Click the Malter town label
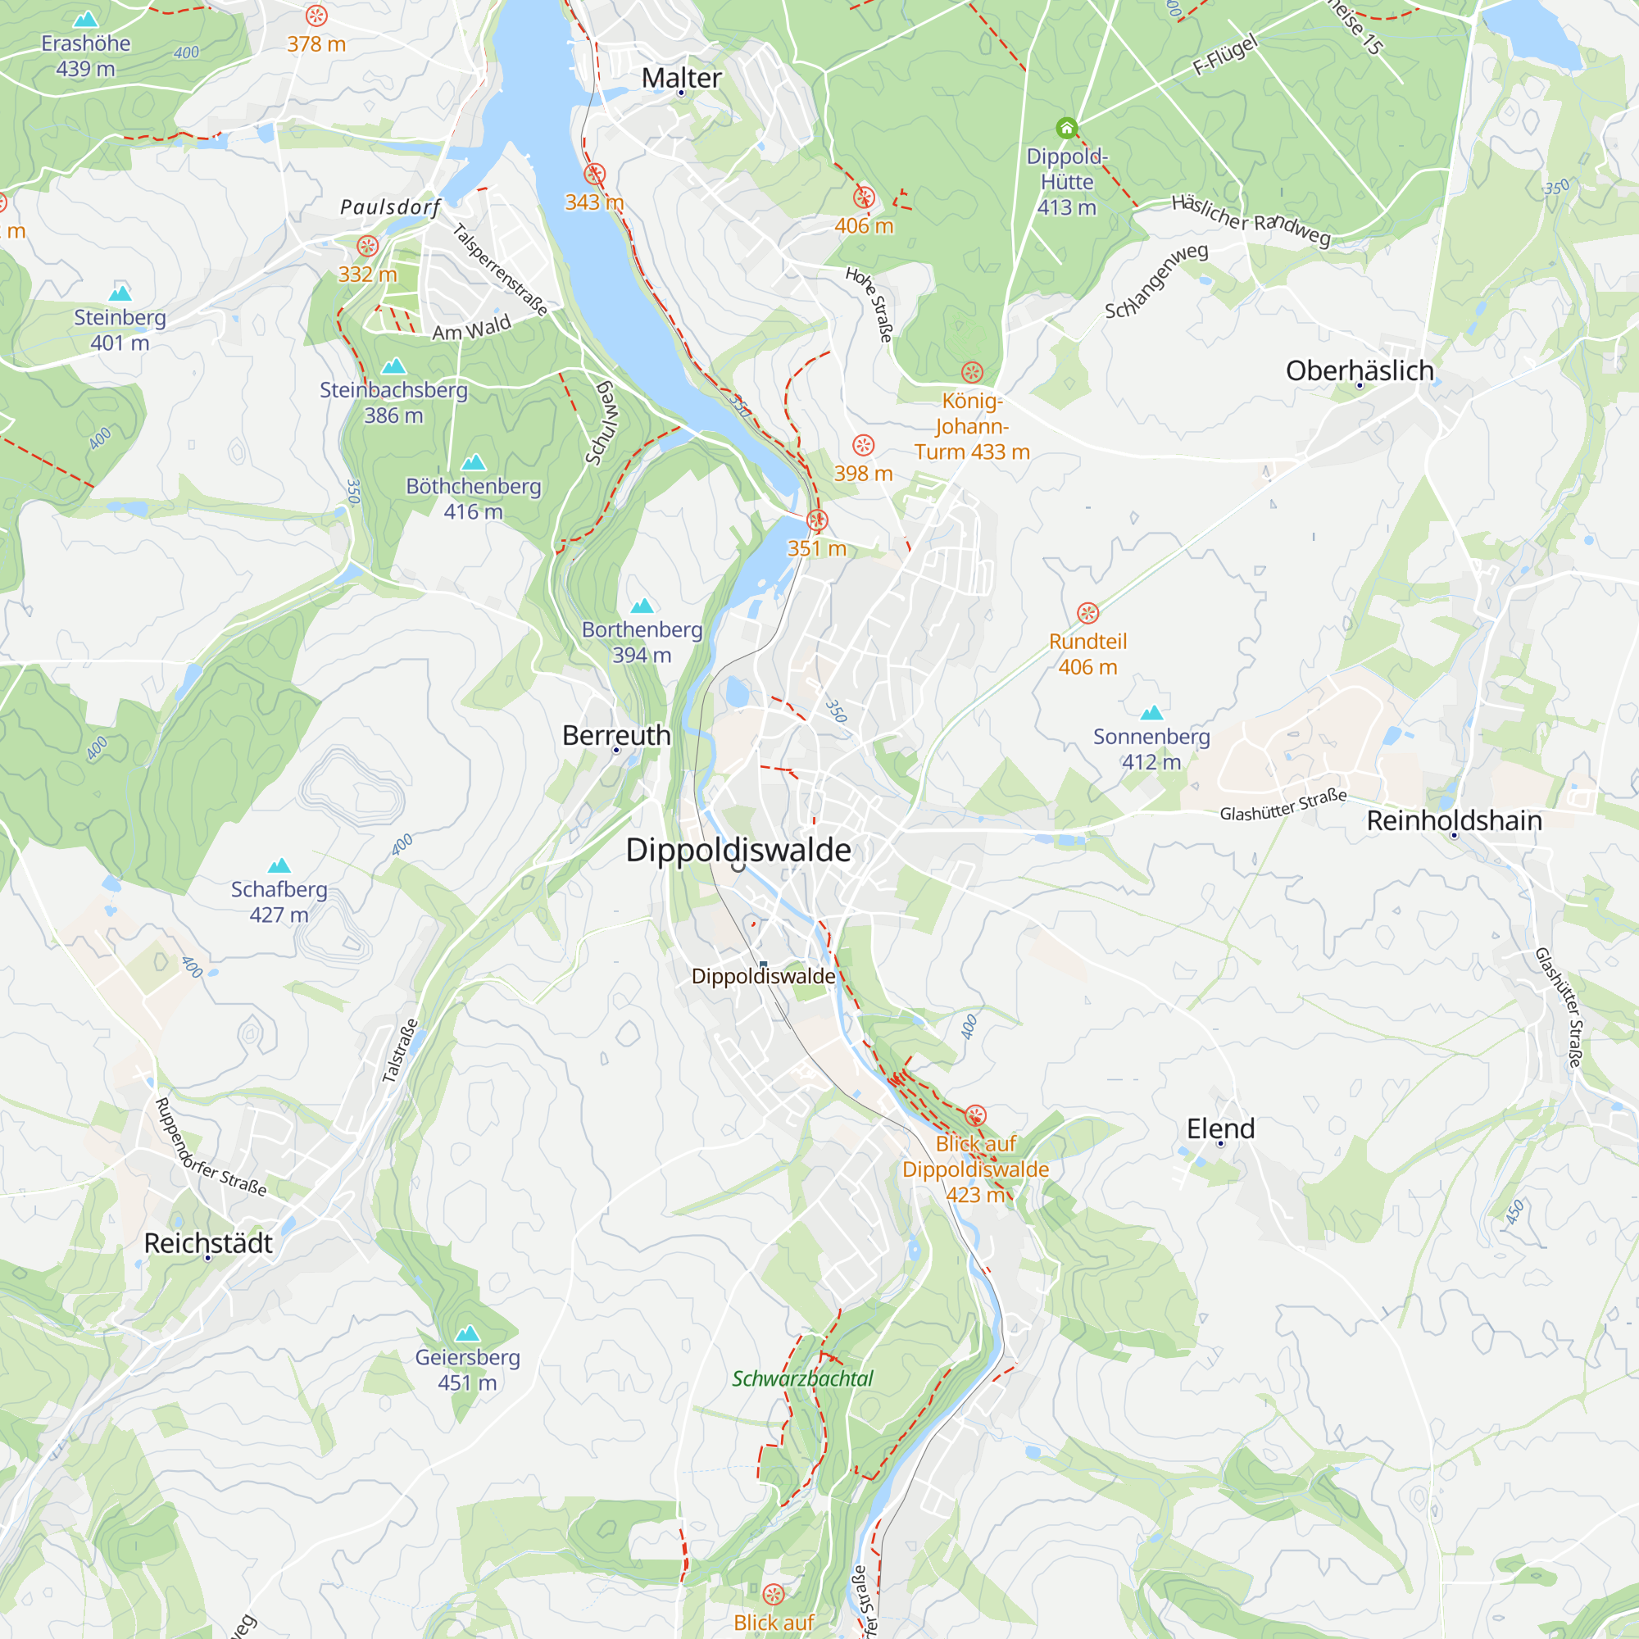click(681, 78)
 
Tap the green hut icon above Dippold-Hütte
click(1066, 128)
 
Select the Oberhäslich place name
click(1359, 370)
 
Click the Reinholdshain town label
click(1454, 820)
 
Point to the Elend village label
click(1220, 1128)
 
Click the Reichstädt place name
click(208, 1243)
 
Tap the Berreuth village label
click(616, 736)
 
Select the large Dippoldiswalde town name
click(738, 850)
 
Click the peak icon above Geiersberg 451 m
click(467, 1333)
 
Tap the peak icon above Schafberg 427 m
click(279, 866)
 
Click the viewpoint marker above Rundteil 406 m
click(1087, 612)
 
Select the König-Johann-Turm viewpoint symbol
click(971, 371)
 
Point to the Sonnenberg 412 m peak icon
click(1151, 713)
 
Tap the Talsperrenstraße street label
click(501, 270)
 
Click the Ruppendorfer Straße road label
click(210, 1147)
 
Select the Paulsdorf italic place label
click(390, 207)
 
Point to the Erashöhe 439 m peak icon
click(86, 20)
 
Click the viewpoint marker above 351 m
click(816, 520)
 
